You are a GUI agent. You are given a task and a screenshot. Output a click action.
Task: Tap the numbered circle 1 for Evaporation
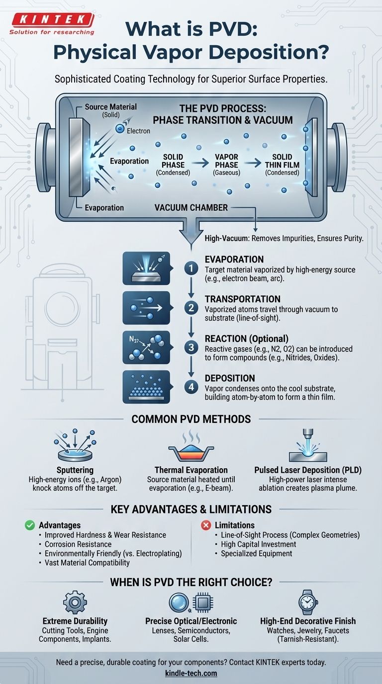191,269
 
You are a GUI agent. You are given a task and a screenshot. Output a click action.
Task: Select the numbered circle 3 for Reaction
191,347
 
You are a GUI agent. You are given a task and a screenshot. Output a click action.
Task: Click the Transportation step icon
146,308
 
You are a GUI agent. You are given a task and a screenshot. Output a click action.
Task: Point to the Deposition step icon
146,387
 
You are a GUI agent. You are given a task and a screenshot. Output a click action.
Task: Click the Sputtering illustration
75,445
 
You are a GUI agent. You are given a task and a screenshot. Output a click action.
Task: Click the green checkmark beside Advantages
30,525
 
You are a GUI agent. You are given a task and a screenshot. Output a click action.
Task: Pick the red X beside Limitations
206,525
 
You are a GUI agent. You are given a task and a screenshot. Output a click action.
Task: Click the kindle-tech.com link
191,673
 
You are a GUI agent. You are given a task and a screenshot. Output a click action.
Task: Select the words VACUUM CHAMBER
191,207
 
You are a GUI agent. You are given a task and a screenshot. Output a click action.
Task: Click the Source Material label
110,107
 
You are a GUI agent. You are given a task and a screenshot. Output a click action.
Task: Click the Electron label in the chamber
138,131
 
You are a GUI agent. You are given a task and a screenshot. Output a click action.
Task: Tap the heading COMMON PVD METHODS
191,419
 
